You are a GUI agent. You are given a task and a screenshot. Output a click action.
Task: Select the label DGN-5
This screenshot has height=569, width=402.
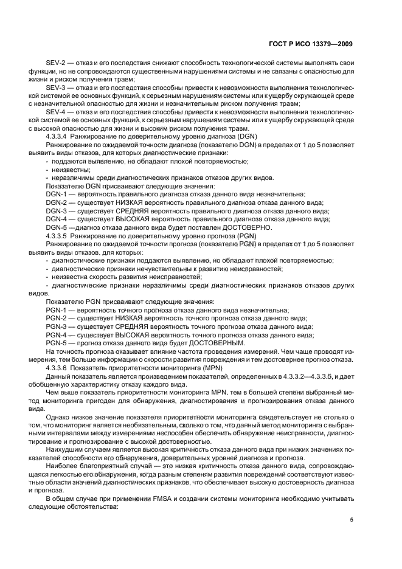click(58, 227)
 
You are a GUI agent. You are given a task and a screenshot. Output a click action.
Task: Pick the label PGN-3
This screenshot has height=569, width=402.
click(58, 326)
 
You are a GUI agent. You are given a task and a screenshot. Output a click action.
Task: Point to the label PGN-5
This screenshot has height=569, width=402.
click(58, 343)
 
